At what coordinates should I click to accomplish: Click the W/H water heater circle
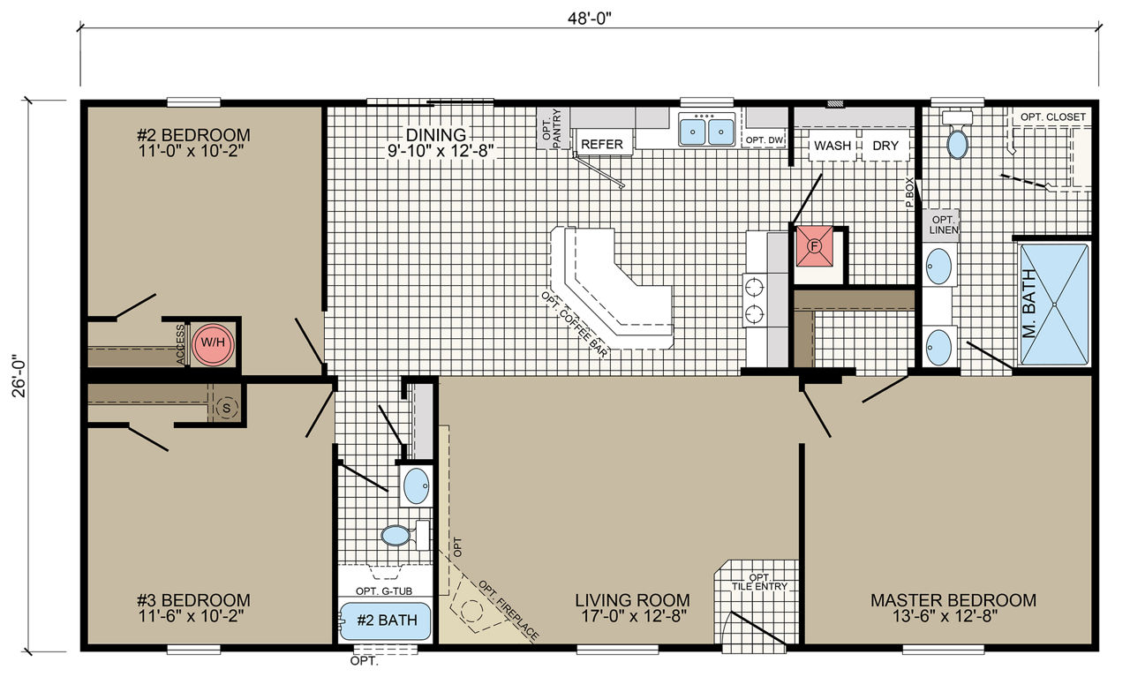tap(213, 343)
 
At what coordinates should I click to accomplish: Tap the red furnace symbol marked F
tap(814, 246)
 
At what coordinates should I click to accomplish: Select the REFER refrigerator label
tap(602, 144)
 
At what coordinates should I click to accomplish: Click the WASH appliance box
tap(832, 146)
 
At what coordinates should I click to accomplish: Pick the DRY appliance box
tap(885, 146)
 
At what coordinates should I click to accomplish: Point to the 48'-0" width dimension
tap(589, 19)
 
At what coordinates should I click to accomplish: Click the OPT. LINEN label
tap(944, 225)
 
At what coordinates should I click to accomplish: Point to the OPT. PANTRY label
tap(552, 129)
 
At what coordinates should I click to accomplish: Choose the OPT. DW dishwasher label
tap(764, 139)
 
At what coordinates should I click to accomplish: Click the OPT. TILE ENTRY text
tap(760, 582)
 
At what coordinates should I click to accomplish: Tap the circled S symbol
tap(227, 408)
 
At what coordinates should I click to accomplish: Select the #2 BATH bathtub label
tap(387, 620)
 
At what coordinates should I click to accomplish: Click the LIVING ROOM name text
tap(633, 600)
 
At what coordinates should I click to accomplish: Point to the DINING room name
tap(436, 135)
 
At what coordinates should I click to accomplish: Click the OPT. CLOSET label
tap(1053, 117)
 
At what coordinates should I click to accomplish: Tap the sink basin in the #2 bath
tap(417, 486)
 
